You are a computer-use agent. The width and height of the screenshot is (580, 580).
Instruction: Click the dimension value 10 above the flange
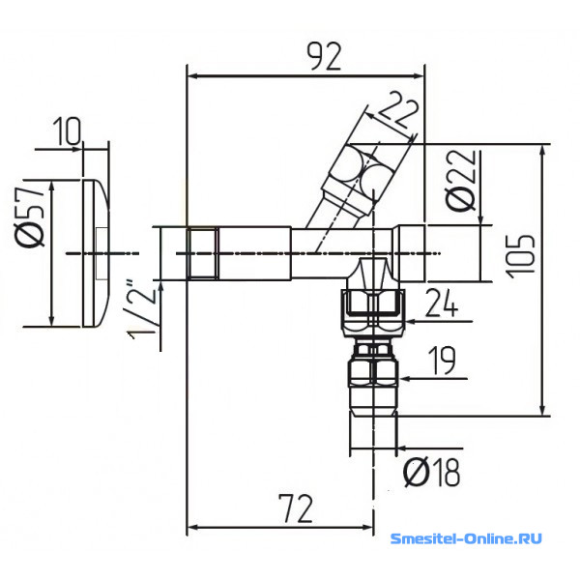(66, 131)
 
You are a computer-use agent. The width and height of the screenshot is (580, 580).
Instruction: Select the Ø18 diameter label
(432, 473)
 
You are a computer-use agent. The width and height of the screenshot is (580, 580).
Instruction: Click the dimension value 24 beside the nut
(442, 303)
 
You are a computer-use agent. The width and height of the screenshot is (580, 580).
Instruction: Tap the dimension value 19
(442, 361)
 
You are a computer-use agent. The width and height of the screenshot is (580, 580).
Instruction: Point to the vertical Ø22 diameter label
(461, 180)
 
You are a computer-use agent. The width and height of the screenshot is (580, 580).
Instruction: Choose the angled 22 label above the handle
(398, 110)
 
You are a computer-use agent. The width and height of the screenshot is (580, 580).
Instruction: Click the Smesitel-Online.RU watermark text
(466, 537)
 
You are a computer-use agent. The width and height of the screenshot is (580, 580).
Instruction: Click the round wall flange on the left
(96, 253)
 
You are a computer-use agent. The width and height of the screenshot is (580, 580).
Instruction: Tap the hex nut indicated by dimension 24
(374, 313)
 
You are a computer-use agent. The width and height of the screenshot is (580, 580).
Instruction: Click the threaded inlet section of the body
(202, 253)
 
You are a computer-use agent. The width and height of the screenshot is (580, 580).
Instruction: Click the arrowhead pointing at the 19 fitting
(405, 378)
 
